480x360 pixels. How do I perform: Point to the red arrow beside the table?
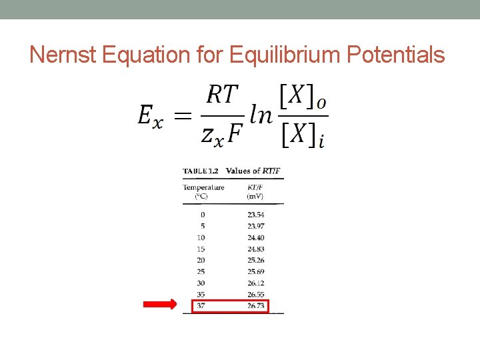tap(160, 305)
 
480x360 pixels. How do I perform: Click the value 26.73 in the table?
tap(256, 305)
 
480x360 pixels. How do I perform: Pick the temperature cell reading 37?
tap(201, 305)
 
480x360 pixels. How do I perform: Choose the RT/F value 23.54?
tap(255, 215)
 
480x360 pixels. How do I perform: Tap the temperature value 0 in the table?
tap(203, 215)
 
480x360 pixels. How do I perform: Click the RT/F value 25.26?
tap(255, 260)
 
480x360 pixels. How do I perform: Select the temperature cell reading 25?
tap(201, 271)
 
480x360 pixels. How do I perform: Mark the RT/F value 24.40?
tap(255, 237)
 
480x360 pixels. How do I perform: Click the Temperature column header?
tap(203, 187)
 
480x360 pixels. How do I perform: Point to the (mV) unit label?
tap(255, 197)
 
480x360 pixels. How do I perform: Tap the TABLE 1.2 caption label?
tap(201, 171)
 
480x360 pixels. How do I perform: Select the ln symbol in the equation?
tap(260, 115)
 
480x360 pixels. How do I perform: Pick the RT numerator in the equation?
tap(222, 95)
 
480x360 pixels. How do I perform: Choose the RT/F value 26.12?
tap(255, 283)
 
